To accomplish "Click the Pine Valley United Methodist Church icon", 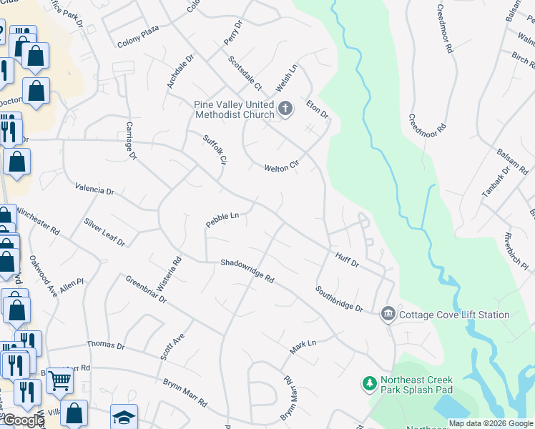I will click(285, 109).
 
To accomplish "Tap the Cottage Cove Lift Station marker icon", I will click(388, 313).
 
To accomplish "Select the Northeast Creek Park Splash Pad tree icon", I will click(370, 385).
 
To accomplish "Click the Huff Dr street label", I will click(347, 258).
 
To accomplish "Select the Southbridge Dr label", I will click(340, 298).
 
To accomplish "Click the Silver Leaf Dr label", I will click(104, 232).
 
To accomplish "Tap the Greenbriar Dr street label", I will click(146, 290).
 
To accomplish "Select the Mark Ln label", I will click(303, 347).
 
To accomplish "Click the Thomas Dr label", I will click(106, 345).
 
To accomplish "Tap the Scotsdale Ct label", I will click(245, 74).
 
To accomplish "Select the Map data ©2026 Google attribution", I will click(491, 423).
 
